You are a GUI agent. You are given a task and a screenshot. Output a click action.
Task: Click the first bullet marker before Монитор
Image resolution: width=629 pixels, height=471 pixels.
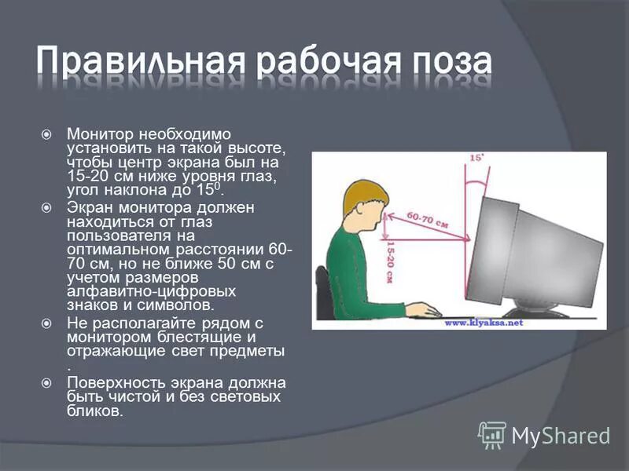coord(46,134)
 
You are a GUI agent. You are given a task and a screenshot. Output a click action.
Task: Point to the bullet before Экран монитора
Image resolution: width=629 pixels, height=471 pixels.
coord(46,207)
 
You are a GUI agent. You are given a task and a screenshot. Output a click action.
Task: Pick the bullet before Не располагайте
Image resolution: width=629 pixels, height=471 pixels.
coord(46,323)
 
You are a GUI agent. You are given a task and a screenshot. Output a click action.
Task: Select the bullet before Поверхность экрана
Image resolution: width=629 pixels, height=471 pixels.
coord(46,382)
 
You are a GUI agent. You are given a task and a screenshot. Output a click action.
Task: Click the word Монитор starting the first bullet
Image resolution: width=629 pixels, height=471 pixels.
coord(98,134)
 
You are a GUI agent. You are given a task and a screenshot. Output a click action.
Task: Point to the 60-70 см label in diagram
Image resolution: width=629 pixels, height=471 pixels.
coord(429,217)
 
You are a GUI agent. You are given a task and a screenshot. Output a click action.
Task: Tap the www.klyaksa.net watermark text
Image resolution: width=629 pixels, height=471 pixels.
coord(484,322)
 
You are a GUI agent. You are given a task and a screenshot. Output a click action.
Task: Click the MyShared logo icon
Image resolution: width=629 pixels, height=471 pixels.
coord(492,434)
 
